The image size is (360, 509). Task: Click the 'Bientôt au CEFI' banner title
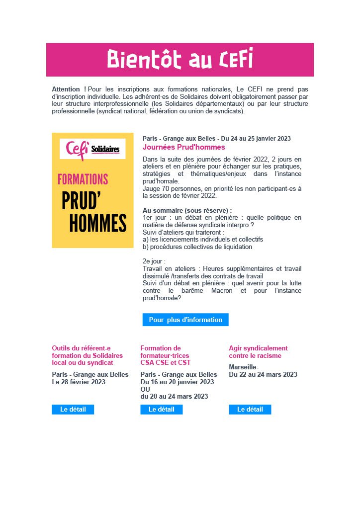(x=180, y=59)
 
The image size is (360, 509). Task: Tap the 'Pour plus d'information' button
(x=185, y=320)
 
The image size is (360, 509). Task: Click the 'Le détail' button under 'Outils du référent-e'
(x=73, y=409)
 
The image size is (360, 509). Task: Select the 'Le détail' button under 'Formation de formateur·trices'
(x=162, y=409)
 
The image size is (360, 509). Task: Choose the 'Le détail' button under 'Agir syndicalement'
(x=250, y=409)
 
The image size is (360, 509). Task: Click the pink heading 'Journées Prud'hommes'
(x=183, y=147)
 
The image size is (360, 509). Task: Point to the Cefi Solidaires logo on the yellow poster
(x=92, y=149)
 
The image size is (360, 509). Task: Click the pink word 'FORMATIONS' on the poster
(x=83, y=179)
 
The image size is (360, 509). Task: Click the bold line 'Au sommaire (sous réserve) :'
(x=187, y=210)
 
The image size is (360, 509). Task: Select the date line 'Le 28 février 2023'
(x=79, y=382)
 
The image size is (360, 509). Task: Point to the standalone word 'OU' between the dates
(x=145, y=389)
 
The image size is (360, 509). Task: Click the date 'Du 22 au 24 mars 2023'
(x=263, y=374)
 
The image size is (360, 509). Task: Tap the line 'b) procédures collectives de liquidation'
(x=197, y=247)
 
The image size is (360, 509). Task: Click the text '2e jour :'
(x=154, y=261)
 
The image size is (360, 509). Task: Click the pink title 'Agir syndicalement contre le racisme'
(x=258, y=352)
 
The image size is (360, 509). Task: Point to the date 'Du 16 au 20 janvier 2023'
(x=178, y=382)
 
